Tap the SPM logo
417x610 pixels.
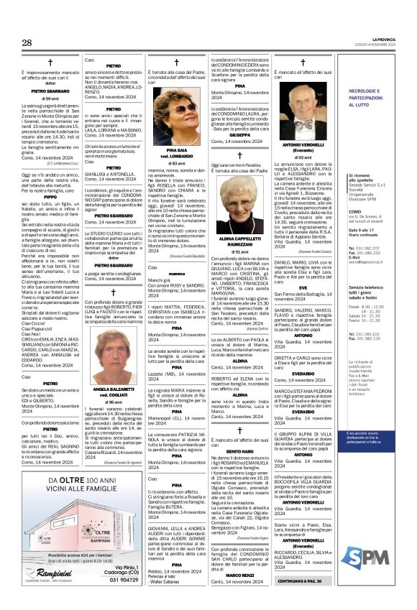387,556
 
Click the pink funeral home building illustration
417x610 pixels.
49,517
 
